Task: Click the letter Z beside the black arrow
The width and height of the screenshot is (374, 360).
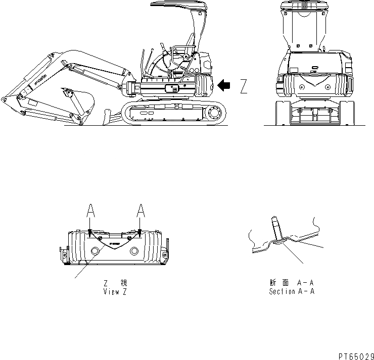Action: pyautogui.click(x=244, y=87)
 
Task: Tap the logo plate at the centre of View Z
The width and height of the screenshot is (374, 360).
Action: pyautogui.click(x=114, y=244)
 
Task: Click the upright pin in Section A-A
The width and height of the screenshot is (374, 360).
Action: pyautogui.click(x=276, y=228)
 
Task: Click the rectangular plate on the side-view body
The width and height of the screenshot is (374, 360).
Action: pyautogui.click(x=171, y=88)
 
